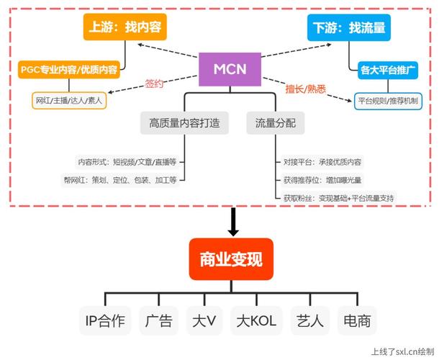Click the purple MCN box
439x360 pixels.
coord(230,69)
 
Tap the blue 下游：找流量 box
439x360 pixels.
coord(349,28)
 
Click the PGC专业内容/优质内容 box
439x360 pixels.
coord(69,71)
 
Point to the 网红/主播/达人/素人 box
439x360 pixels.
coord(69,101)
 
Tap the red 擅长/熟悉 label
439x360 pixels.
coord(306,89)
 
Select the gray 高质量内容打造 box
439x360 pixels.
coord(184,123)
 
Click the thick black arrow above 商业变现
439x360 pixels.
coord(232,222)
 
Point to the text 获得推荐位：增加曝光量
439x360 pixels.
coord(322,180)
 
